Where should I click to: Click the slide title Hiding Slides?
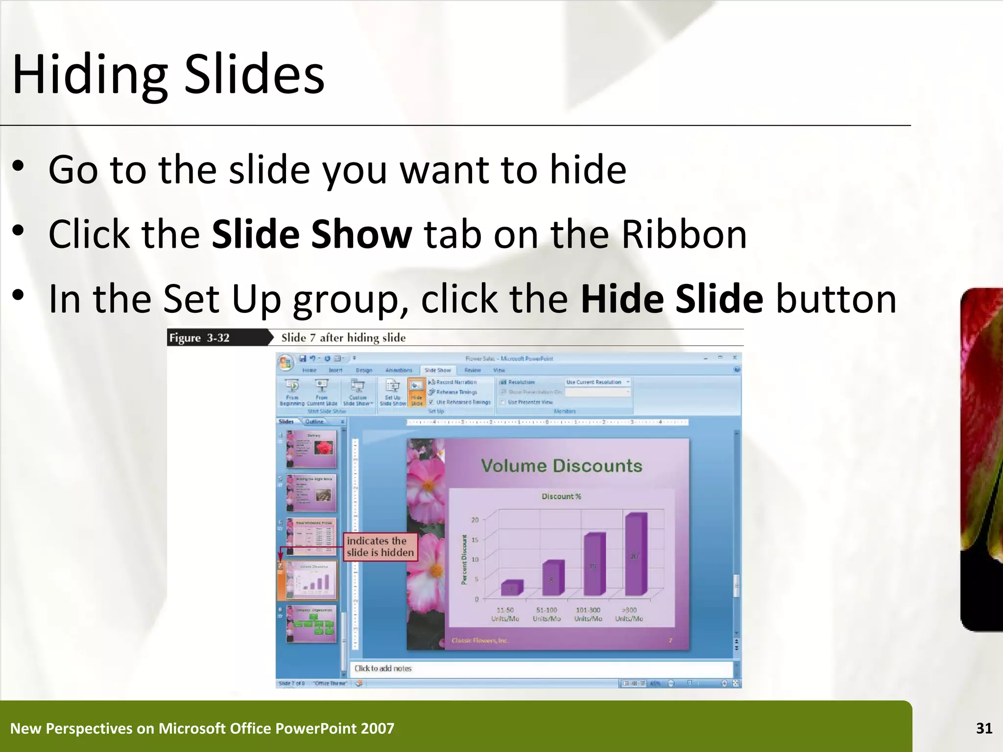coord(168,74)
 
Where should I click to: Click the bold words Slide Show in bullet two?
coord(311,234)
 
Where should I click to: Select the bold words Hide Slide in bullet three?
coord(671,299)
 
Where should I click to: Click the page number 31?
coord(984,728)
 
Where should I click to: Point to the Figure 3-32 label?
coord(199,338)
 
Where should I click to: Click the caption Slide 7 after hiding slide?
coord(343,338)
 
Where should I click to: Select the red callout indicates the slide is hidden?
coord(380,546)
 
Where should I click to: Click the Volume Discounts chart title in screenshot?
coord(561,466)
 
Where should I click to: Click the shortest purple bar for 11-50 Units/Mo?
coord(511,587)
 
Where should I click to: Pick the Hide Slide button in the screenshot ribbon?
coord(416,393)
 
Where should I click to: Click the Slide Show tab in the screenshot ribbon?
coord(437,370)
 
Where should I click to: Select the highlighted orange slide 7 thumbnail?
coord(311,580)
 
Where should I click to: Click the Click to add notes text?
coord(382,668)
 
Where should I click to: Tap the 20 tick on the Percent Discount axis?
coord(475,520)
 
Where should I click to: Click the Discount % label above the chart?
coord(561,496)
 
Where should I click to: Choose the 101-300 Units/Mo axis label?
coord(588,614)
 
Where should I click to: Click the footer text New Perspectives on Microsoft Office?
coord(202,728)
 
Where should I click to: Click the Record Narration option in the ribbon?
coord(455,382)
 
